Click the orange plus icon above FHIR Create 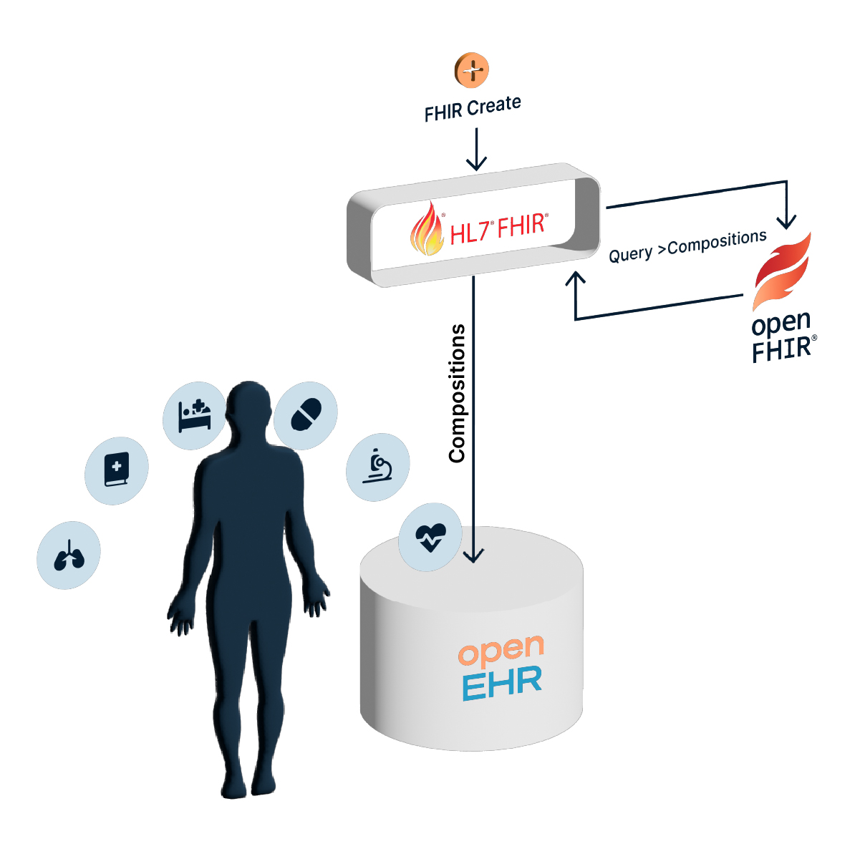(472, 70)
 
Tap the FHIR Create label (473, 109)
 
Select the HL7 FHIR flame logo (427, 229)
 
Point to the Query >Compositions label (687, 246)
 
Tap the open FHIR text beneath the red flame (783, 336)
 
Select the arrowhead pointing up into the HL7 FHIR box (576, 279)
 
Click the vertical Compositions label (457, 393)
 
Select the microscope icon (377, 467)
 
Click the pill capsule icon (306, 415)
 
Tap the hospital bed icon (195, 415)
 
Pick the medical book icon (117, 470)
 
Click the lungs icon (69, 555)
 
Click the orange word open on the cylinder (501, 651)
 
